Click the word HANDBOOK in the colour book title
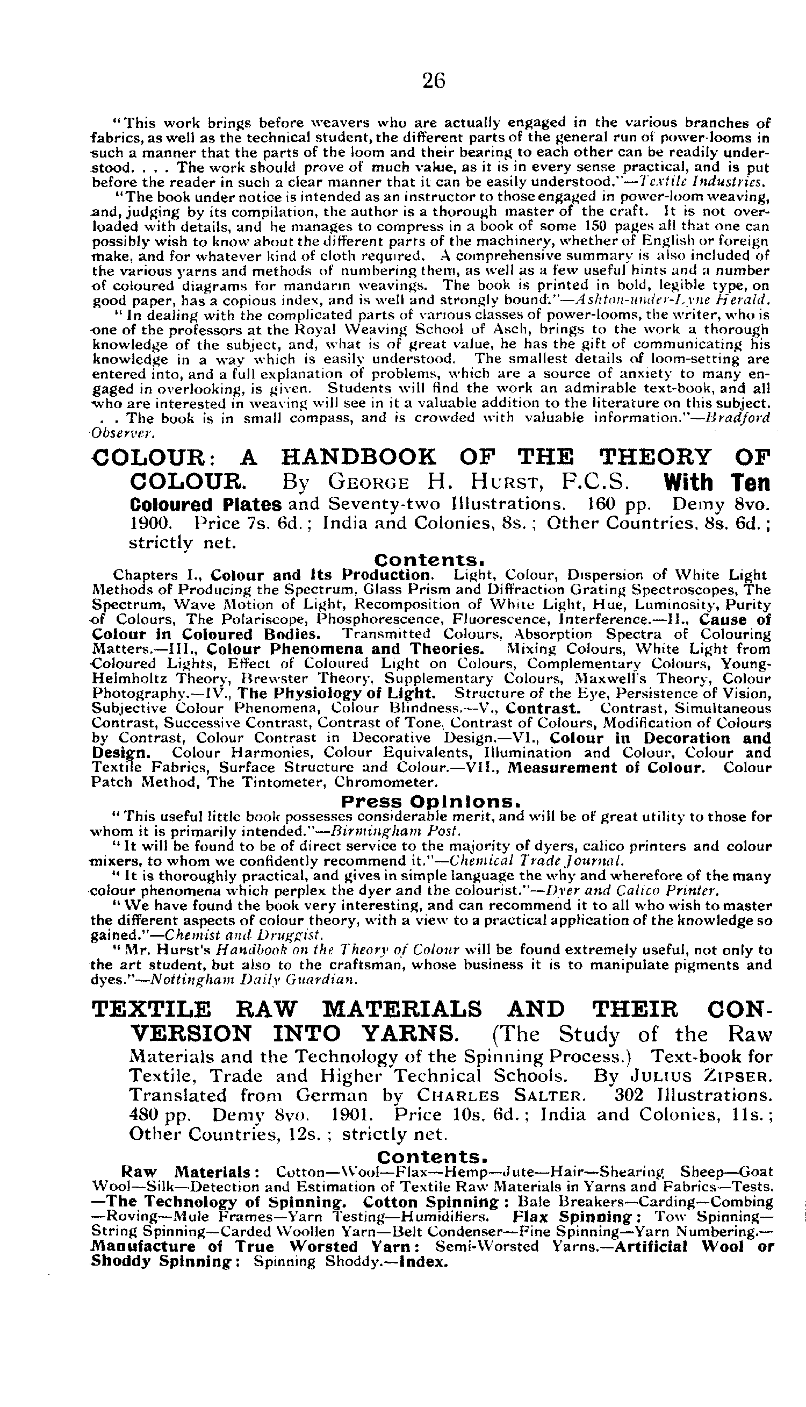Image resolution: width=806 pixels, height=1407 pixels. click(358, 458)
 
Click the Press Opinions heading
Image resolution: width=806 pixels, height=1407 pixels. click(431, 802)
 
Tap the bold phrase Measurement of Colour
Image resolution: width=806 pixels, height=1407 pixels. click(607, 768)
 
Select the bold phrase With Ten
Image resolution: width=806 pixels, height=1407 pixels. click(716, 483)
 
